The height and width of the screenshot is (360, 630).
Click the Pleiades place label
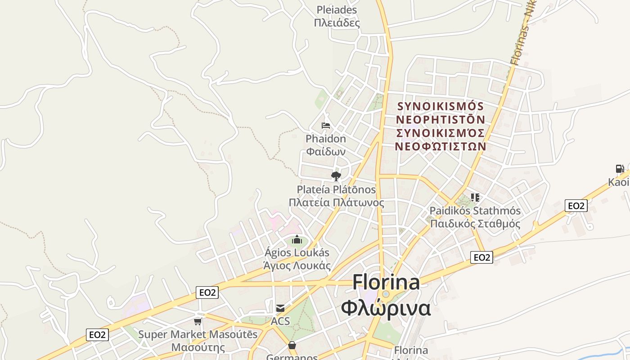[x=337, y=10]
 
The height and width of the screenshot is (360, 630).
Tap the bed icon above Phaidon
[x=326, y=126]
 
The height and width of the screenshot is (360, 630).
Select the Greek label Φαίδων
[x=326, y=151]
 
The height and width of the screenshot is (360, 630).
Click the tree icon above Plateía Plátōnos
[x=336, y=176]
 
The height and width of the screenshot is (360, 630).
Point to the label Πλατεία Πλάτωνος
[x=336, y=202]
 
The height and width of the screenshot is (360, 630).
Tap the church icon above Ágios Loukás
[x=297, y=239]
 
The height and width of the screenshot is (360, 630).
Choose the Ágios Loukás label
[x=297, y=252]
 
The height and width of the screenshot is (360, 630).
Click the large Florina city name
[x=386, y=283]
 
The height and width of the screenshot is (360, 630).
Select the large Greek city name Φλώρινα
[x=386, y=309]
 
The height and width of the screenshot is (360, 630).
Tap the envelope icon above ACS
[x=280, y=308]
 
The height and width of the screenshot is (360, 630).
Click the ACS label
[x=280, y=321]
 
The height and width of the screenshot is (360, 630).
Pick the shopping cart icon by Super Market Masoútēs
[x=198, y=321]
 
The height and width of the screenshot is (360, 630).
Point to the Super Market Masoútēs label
[x=198, y=334]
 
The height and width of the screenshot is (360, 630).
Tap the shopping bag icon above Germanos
[x=292, y=345]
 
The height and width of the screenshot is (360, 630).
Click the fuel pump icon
[x=620, y=169]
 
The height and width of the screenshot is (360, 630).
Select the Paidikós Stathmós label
[x=475, y=211]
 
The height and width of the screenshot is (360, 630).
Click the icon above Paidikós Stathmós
[x=475, y=197]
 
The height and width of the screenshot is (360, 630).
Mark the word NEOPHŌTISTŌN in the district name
[x=441, y=120]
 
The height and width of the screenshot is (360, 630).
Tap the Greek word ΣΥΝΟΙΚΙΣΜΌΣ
[x=441, y=133]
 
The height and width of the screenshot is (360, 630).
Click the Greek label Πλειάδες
[x=337, y=22]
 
